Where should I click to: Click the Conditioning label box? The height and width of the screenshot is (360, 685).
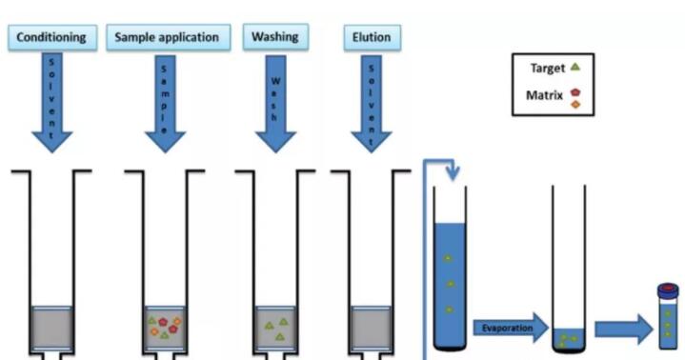point(52,37)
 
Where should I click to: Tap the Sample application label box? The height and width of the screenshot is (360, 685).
point(169,37)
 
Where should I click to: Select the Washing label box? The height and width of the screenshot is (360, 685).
point(275,37)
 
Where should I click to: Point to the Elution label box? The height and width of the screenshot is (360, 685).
point(373,38)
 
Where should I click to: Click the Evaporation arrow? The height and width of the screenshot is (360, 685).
point(511,328)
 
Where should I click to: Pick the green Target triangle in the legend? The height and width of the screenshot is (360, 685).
point(575,67)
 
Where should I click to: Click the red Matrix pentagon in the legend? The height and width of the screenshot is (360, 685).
point(575,92)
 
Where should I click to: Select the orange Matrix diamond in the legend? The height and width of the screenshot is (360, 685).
point(575,104)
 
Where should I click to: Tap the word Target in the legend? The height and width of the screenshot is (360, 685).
point(548,69)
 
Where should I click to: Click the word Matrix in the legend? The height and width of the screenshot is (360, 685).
point(544,95)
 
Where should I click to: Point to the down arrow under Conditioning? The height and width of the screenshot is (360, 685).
point(52,102)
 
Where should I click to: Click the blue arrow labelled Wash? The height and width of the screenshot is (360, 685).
point(275,104)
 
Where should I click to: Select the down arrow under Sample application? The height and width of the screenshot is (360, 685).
point(165,104)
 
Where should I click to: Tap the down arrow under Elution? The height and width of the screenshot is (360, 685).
point(372,104)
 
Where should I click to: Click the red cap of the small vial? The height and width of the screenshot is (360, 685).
point(669,288)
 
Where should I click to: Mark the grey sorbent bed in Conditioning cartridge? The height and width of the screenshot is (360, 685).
point(52,328)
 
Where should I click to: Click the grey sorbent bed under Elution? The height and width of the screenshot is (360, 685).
point(372,328)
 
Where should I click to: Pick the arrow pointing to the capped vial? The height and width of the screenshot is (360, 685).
point(624,329)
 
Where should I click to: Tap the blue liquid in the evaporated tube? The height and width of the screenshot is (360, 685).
point(569,339)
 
